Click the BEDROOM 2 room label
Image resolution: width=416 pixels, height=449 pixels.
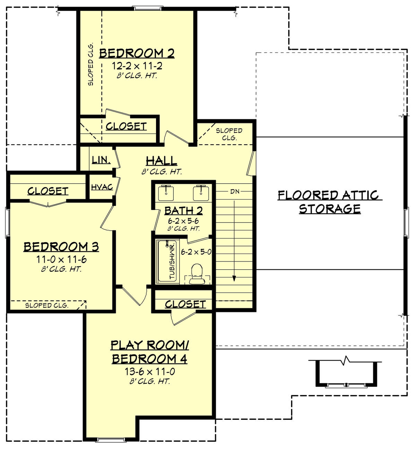(137, 53)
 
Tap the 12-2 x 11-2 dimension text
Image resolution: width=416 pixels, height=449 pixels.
(137, 66)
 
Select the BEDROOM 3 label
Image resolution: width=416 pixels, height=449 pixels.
(61, 247)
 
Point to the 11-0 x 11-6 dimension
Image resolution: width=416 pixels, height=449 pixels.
(61, 260)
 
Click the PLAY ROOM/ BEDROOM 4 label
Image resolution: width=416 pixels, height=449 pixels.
(149, 352)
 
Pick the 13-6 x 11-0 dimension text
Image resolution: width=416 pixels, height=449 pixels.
(149, 372)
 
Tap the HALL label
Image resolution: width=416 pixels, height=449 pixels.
(161, 161)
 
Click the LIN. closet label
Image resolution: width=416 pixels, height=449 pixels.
(101, 160)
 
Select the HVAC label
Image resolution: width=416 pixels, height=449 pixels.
(102, 187)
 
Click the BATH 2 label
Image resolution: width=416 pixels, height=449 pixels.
(183, 211)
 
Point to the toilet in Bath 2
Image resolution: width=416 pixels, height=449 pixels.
(197, 273)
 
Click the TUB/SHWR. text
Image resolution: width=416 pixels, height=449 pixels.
(172, 261)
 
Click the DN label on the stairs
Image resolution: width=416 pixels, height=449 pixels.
(235, 192)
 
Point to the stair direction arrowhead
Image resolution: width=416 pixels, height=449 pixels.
(234, 278)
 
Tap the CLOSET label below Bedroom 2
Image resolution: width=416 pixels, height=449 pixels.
(126, 126)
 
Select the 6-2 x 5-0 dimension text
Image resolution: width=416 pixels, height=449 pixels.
(196, 252)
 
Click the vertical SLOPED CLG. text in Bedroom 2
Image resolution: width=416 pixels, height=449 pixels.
(90, 65)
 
